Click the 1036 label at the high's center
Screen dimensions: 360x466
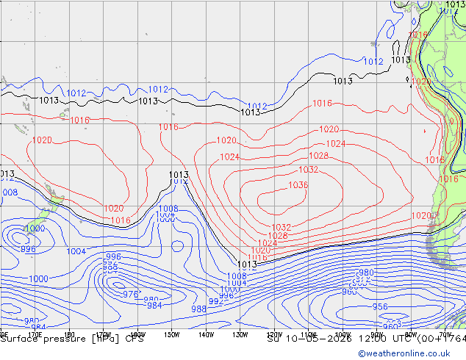(298, 185)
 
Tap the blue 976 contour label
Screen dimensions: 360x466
(130, 294)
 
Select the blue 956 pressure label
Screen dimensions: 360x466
(379, 306)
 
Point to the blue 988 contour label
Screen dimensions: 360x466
(198, 309)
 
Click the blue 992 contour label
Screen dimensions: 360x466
(215, 301)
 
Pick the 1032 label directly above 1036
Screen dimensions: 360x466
(308, 170)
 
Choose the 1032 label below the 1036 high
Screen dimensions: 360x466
(281, 227)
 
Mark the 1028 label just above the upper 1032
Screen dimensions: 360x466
(318, 156)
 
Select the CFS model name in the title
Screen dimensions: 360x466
(134, 339)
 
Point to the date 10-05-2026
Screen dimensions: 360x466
(312, 339)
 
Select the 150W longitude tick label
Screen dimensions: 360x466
(171, 334)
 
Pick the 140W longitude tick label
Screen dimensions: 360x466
(206, 334)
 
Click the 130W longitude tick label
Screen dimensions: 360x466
(240, 334)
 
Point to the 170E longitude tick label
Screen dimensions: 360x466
(35, 334)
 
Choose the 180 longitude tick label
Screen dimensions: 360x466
(69, 334)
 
